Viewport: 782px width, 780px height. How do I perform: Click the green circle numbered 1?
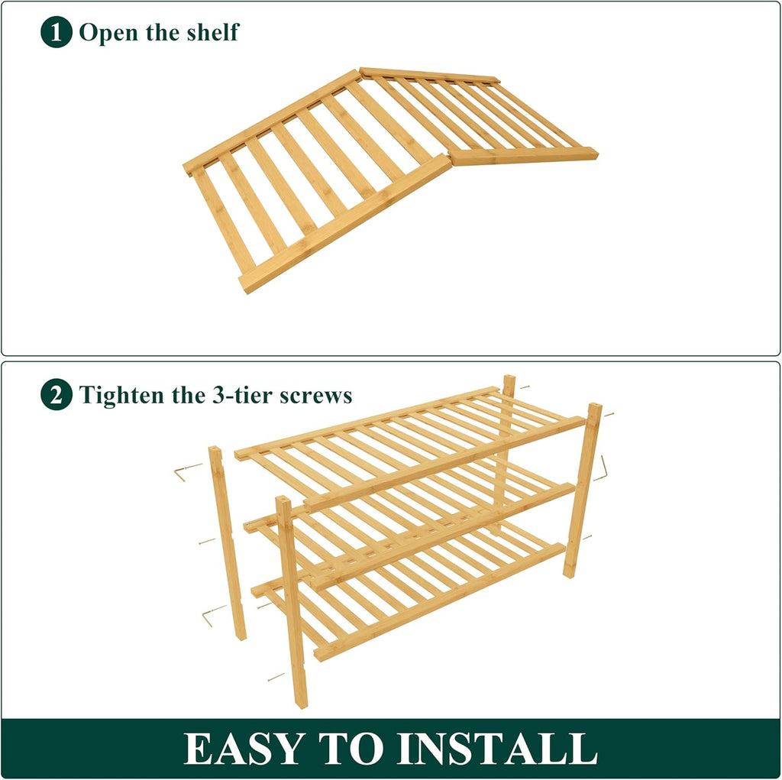pos(56,33)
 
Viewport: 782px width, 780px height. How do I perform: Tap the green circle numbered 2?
pos(56,396)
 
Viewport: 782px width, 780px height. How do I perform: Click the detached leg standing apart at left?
pos(228,542)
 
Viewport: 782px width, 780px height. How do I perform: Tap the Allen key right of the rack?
pos(602,468)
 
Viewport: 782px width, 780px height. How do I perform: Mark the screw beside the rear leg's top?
pos(524,387)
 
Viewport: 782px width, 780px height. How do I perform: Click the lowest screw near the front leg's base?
pos(276,676)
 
